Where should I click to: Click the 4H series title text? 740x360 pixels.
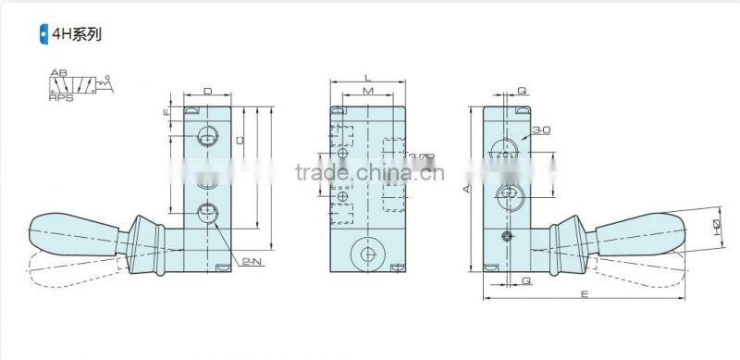[x=77, y=36]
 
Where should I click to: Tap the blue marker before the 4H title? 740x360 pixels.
[x=43, y=36]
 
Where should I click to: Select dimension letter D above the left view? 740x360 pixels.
[x=207, y=92]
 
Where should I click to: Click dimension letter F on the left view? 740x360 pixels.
[x=166, y=114]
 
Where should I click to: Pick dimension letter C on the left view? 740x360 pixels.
[x=239, y=140]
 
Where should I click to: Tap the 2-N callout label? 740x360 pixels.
[x=251, y=264]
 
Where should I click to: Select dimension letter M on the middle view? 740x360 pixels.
[x=367, y=93]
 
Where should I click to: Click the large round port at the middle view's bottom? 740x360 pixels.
[x=367, y=255]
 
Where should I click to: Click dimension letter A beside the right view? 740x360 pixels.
[x=467, y=189]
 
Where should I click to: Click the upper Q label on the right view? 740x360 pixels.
[x=523, y=92]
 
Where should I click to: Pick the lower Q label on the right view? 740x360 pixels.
[x=525, y=280]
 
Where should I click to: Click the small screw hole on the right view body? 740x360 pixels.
[x=506, y=238]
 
